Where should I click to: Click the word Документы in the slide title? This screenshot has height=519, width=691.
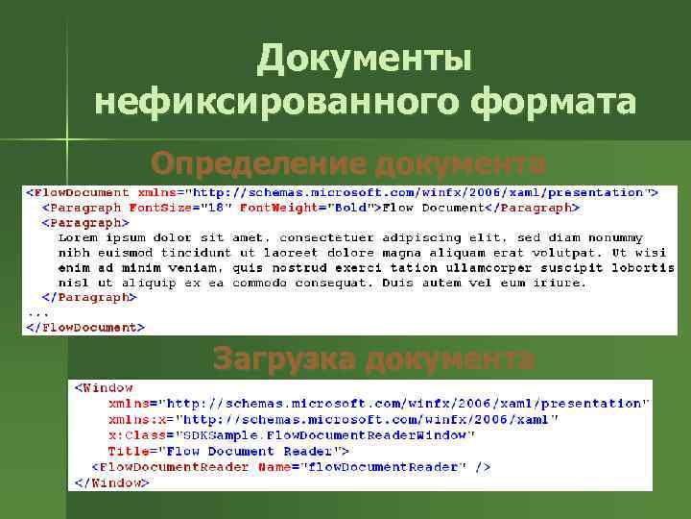[365, 60]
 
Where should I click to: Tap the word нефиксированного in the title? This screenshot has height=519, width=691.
[277, 101]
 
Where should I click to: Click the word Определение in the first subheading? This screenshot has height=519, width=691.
[257, 162]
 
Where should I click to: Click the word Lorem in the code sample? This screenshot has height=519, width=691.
[79, 236]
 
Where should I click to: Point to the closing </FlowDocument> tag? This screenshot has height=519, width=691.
[85, 328]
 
